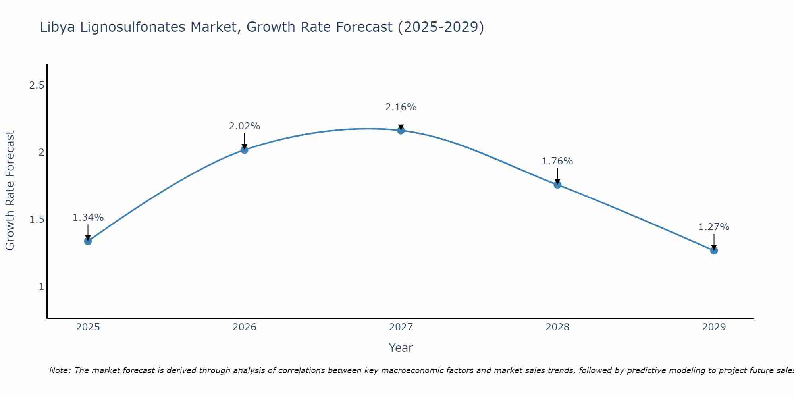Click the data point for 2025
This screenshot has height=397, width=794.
88,241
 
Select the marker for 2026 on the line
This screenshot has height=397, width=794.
244,150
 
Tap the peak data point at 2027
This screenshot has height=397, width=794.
401,130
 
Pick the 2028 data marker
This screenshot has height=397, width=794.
557,185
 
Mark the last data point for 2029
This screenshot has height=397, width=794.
714,251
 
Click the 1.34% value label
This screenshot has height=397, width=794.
88,218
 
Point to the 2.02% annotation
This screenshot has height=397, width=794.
244,126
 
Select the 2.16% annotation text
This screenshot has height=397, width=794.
401,107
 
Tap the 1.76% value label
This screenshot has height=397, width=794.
557,161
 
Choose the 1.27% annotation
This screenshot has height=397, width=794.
714,227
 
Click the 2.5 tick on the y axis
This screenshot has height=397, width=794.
37,85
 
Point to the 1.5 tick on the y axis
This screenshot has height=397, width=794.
37,220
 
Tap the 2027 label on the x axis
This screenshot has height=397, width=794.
401,327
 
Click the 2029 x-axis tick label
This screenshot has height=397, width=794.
714,327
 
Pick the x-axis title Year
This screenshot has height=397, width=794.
401,348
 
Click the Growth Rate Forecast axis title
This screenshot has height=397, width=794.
10,191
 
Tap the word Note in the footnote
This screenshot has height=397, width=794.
59,370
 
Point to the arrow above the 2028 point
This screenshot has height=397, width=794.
557,176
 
